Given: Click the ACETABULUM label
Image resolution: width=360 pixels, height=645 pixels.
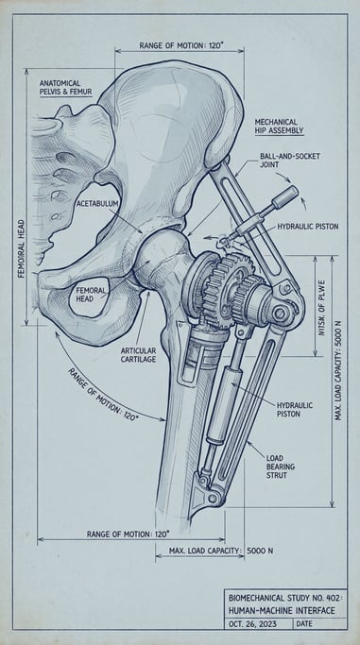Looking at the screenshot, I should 97,203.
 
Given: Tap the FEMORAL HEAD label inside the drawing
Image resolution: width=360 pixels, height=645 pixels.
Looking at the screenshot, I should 91,295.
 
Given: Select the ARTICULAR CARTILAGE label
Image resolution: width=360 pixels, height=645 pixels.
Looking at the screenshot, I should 138,354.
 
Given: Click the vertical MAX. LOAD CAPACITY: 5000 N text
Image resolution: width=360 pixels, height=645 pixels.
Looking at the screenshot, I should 337,375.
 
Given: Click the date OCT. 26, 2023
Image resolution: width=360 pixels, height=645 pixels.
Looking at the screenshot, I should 258,624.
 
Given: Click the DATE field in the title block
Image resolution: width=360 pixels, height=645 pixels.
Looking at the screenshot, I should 304,624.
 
